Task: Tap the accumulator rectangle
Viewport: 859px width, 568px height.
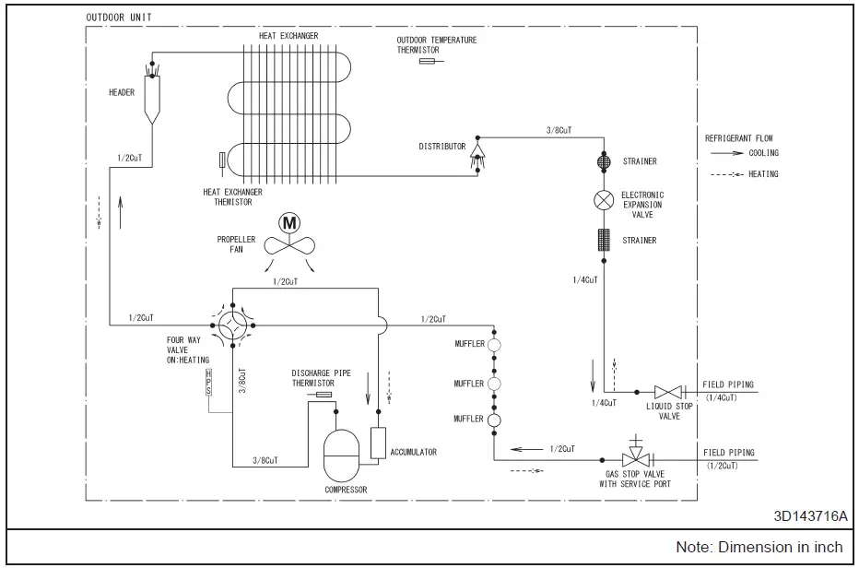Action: [378, 444]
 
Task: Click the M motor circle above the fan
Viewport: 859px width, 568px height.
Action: [289, 223]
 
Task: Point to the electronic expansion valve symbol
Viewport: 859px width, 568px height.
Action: [605, 199]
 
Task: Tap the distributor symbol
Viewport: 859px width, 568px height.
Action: [478, 150]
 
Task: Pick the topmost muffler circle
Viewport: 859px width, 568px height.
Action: [494, 345]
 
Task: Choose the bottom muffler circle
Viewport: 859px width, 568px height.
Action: [494, 420]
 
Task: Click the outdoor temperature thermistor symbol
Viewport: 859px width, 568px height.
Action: [429, 62]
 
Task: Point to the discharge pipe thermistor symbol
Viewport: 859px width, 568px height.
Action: [324, 395]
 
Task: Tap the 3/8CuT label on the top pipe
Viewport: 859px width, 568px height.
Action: [560, 130]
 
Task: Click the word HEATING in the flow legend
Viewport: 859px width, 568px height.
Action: [763, 174]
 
